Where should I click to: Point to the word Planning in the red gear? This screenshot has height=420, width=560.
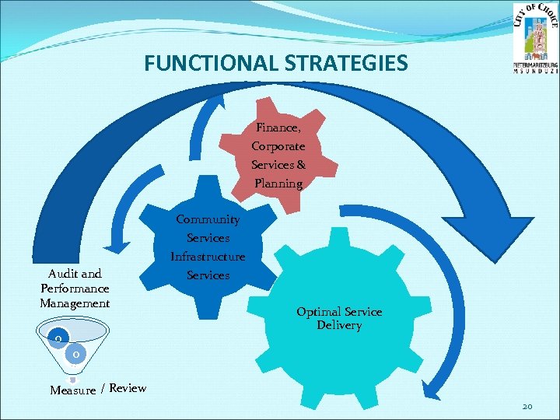[278, 184]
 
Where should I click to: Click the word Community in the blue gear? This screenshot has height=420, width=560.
[208, 219]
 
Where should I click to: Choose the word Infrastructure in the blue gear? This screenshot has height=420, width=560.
[208, 257]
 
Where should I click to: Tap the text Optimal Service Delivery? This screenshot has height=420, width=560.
[339, 318]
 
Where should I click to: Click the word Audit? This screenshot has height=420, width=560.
[64, 274]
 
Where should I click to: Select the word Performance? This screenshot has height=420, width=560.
[75, 288]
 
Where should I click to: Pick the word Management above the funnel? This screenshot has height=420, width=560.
[75, 303]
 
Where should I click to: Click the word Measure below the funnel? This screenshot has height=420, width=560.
[72, 390]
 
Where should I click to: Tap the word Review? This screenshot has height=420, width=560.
[128, 387]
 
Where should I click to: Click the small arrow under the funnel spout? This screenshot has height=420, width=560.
[72, 380]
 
